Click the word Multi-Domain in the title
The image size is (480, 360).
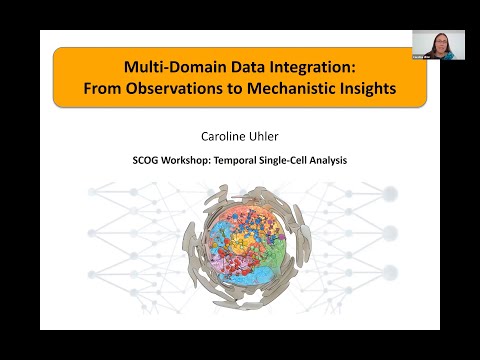pos(166,69)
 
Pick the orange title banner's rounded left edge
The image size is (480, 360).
pos(56,79)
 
